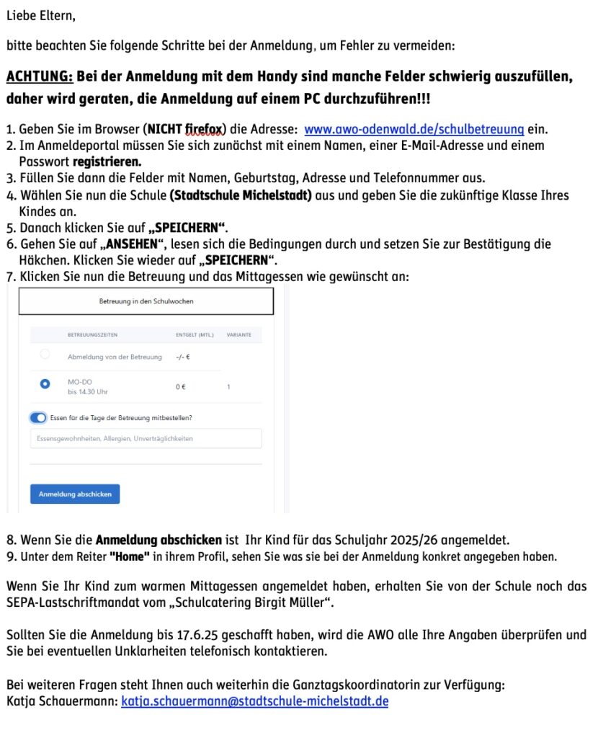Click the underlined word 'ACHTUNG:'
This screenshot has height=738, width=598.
click(40, 76)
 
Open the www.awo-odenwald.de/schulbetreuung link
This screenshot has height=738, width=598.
click(414, 130)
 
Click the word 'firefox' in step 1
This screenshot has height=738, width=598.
click(203, 130)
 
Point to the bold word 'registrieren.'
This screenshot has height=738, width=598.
click(107, 161)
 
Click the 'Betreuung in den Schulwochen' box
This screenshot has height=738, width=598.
click(146, 301)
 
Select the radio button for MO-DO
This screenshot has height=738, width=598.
click(45, 384)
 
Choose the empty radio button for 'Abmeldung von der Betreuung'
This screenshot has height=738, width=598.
click(45, 354)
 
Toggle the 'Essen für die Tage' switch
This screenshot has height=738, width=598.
click(38, 417)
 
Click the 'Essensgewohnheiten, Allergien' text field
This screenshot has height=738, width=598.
click(146, 438)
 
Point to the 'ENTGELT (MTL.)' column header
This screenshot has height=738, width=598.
click(194, 335)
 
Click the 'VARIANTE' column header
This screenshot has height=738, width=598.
click(238, 335)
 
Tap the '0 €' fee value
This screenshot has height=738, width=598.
click(181, 387)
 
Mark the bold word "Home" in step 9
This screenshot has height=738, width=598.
click(129, 556)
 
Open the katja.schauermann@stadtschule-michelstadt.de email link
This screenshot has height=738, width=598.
click(254, 701)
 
